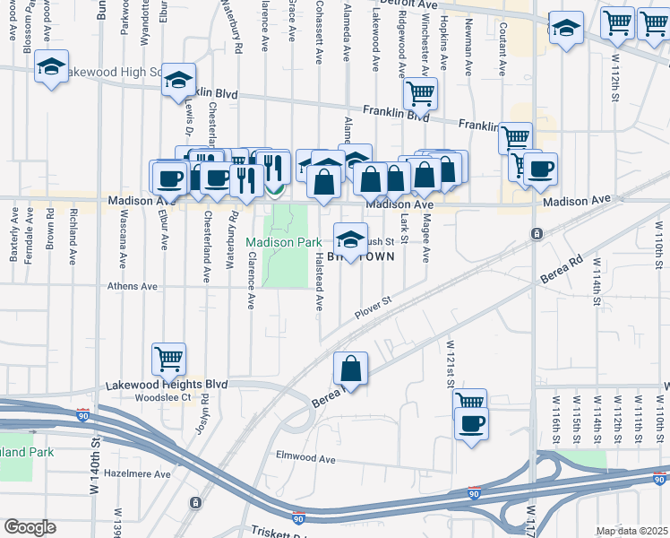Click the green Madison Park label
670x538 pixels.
click(x=283, y=242)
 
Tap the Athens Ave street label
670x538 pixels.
click(x=133, y=287)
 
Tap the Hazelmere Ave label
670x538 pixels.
click(x=137, y=473)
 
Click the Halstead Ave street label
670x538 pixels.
click(x=319, y=282)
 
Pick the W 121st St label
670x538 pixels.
click(x=451, y=358)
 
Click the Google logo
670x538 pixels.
click(x=30, y=527)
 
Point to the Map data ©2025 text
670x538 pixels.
click(x=631, y=531)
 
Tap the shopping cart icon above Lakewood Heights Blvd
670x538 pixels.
click(x=168, y=359)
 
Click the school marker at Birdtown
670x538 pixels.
click(x=349, y=239)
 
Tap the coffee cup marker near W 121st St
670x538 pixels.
click(x=470, y=423)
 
